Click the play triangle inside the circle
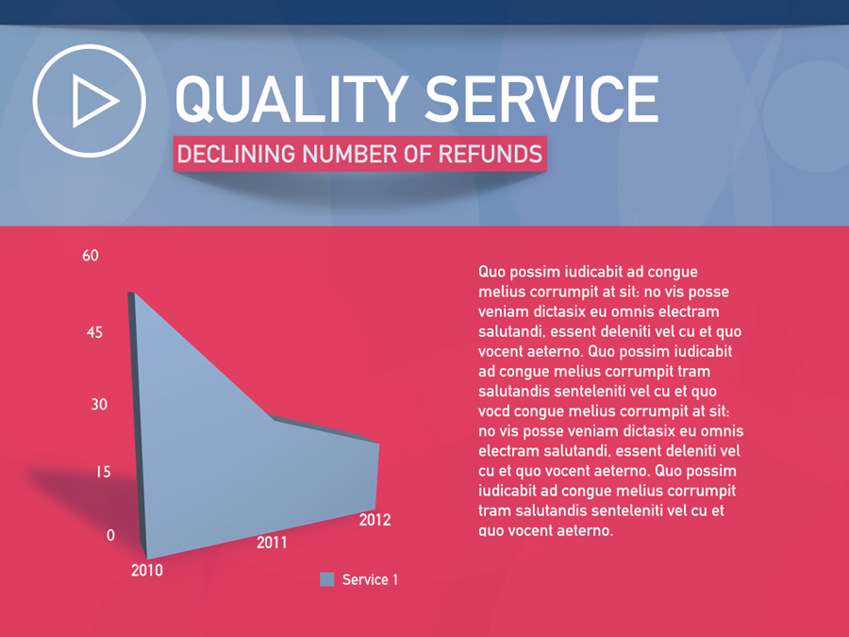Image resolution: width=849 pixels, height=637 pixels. point(93,101)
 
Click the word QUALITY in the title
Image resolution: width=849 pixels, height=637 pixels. point(291,99)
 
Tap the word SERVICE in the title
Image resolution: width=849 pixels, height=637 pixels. point(541,99)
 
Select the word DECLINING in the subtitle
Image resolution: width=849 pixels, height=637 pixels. point(236,154)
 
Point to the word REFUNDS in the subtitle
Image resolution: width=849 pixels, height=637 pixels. point(490,154)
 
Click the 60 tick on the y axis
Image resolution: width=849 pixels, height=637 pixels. point(91,256)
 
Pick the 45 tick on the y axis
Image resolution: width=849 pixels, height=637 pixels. point(94,332)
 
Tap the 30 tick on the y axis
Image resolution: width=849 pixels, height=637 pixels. point(99,404)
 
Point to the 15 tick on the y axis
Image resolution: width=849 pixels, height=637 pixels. point(104,472)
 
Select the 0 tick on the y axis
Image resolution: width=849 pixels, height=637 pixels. point(110,535)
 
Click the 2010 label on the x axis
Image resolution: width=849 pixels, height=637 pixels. point(147,570)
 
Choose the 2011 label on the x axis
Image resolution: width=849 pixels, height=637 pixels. point(272,543)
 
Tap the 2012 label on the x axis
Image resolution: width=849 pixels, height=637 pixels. point(375,520)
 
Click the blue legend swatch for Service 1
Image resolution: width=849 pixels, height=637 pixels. point(327,579)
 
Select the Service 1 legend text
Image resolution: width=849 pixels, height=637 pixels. point(370,579)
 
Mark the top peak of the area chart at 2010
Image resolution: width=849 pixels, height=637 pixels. point(134,293)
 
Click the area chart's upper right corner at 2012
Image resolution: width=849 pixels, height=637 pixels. point(378,444)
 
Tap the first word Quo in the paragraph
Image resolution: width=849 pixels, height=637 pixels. point(492,272)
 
